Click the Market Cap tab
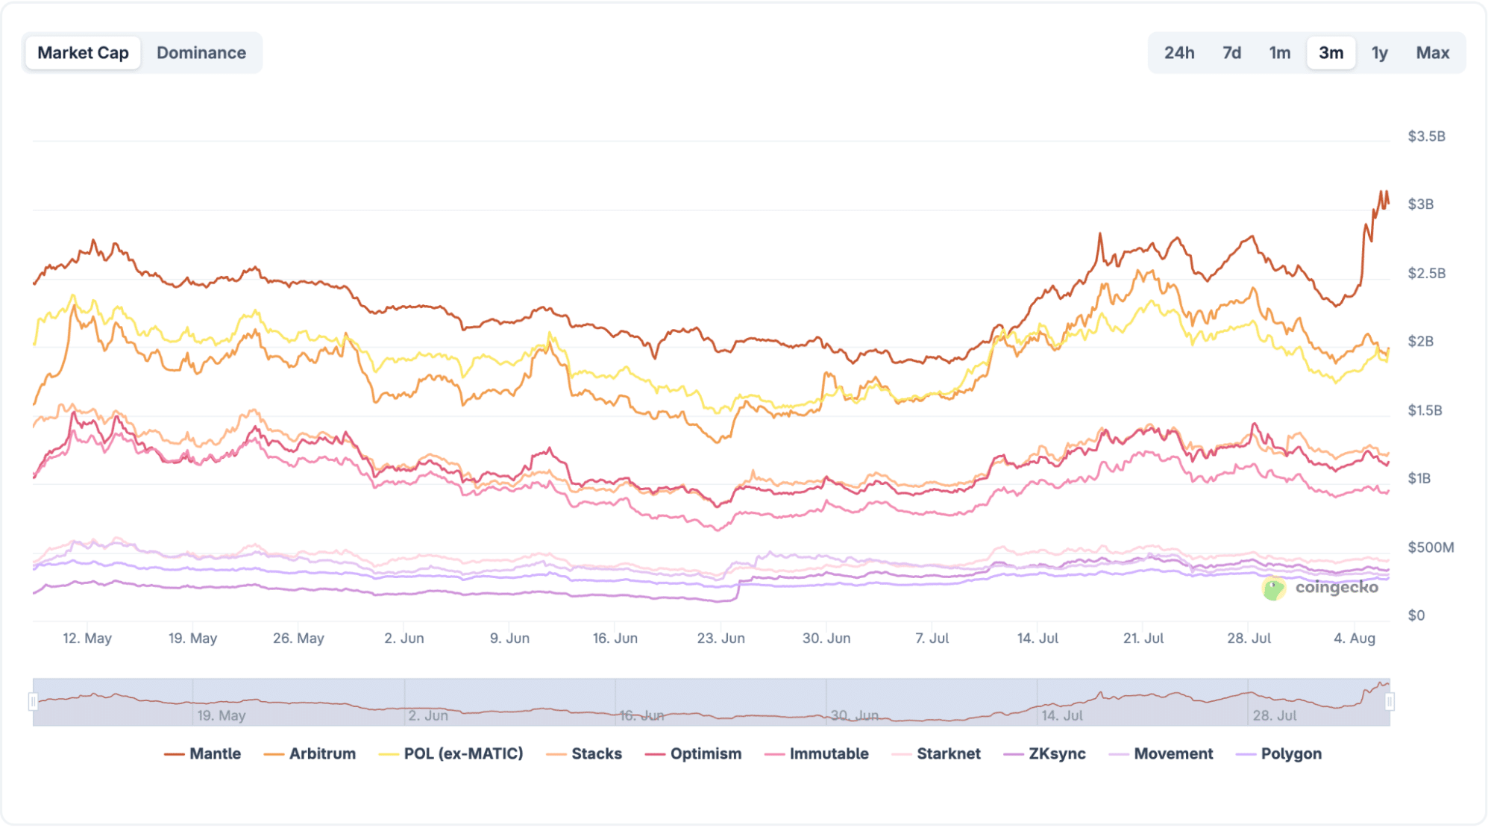[83, 53]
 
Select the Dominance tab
[201, 53]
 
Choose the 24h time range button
[1178, 53]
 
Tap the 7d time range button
[1231, 53]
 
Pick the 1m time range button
[1279, 53]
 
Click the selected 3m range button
[1331, 53]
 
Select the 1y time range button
[1379, 53]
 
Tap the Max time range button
[1432, 53]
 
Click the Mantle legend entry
[203, 753]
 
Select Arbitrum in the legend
[310, 753]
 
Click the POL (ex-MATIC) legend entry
[451, 753]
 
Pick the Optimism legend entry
[694, 753]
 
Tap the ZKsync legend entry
[1045, 753]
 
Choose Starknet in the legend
[936, 753]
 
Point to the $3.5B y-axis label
[1426, 137]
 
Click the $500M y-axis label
[1430, 548]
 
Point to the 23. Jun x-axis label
[721, 639]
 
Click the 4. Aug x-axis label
[1355, 639]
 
